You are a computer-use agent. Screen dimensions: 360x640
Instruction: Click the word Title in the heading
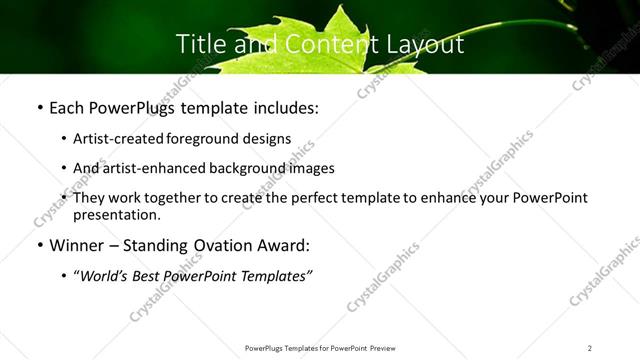[199, 44]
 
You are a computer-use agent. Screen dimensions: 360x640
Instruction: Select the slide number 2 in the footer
[590, 348]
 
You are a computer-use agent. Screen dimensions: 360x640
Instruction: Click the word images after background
[312, 169]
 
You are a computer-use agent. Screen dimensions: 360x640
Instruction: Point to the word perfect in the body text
[306, 198]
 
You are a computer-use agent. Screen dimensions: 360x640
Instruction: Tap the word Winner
[76, 245]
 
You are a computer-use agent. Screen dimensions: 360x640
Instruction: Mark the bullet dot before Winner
[38, 246]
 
